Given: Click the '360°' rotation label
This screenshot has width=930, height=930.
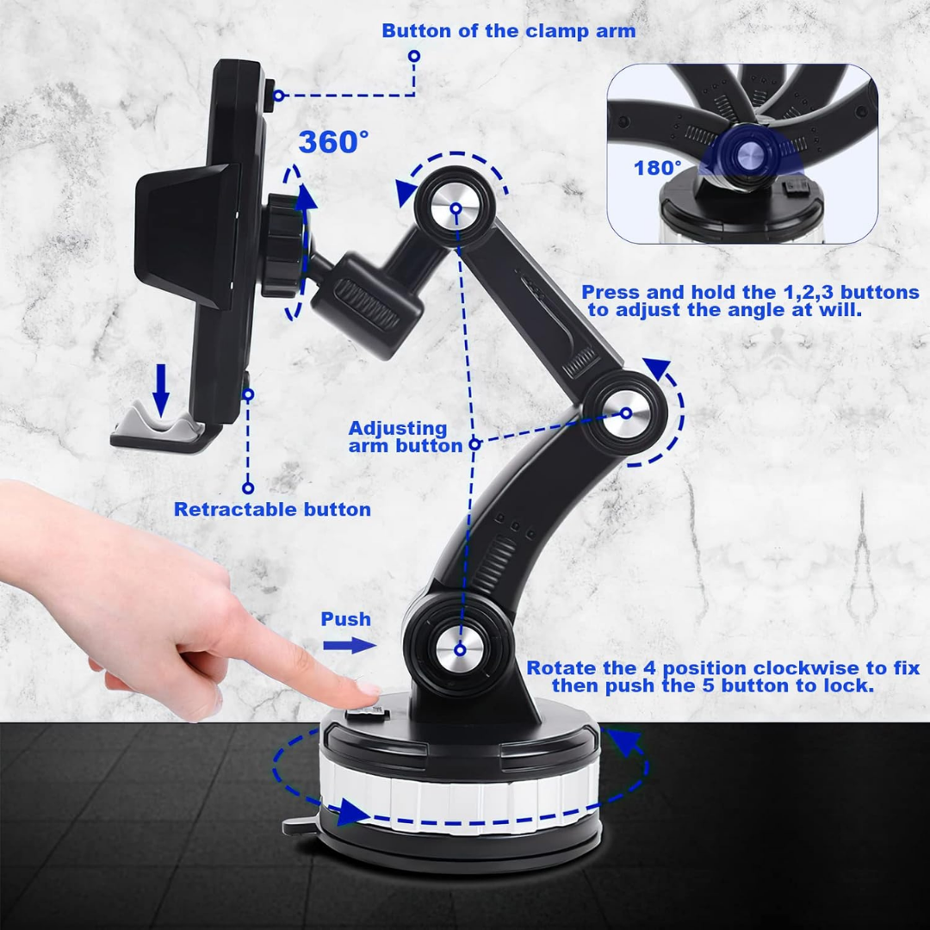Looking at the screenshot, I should (x=333, y=141).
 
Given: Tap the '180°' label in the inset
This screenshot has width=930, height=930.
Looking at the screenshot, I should (x=658, y=168).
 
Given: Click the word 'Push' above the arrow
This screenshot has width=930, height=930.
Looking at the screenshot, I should (x=345, y=619).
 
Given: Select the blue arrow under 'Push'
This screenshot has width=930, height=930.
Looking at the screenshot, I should (x=349, y=645).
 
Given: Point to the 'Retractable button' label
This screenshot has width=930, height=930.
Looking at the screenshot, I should (x=272, y=509).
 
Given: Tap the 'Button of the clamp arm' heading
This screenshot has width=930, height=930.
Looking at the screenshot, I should (x=508, y=32).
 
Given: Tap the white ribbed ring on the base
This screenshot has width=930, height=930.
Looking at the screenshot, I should (x=456, y=797).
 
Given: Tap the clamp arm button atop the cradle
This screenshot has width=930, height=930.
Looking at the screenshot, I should (x=271, y=95).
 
